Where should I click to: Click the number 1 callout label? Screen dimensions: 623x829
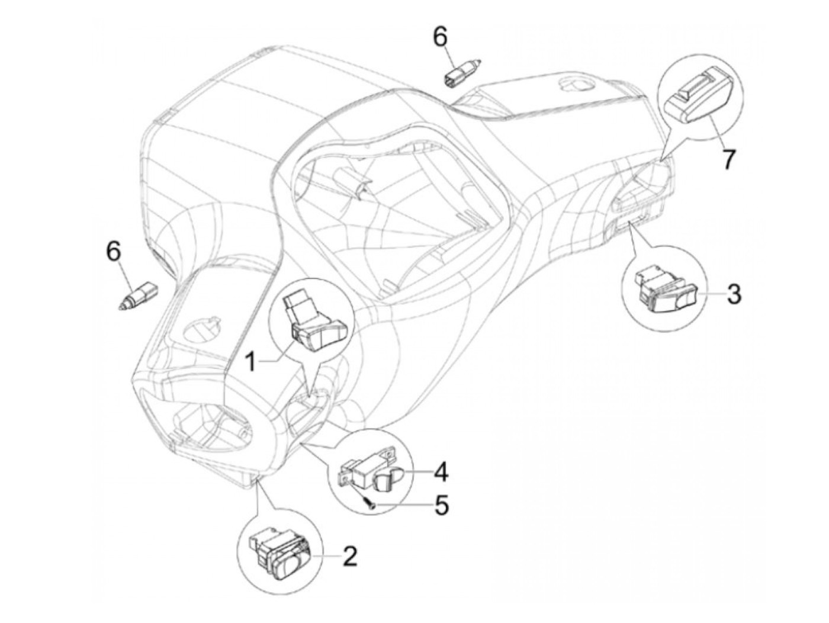point(251,361)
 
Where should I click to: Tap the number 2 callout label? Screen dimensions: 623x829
point(350,556)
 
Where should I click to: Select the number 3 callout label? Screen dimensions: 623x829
point(734,294)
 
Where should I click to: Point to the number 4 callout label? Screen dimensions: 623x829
point(441,472)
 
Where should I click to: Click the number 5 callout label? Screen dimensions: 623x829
point(442,506)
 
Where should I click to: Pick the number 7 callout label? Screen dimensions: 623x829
point(728,159)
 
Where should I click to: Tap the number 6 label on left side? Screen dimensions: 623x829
point(113,251)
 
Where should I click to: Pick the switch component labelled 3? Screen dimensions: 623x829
point(667,292)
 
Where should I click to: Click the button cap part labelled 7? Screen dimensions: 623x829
point(697,99)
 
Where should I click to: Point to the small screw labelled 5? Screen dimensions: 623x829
point(369,503)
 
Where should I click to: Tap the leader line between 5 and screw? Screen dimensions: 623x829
point(405,505)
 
